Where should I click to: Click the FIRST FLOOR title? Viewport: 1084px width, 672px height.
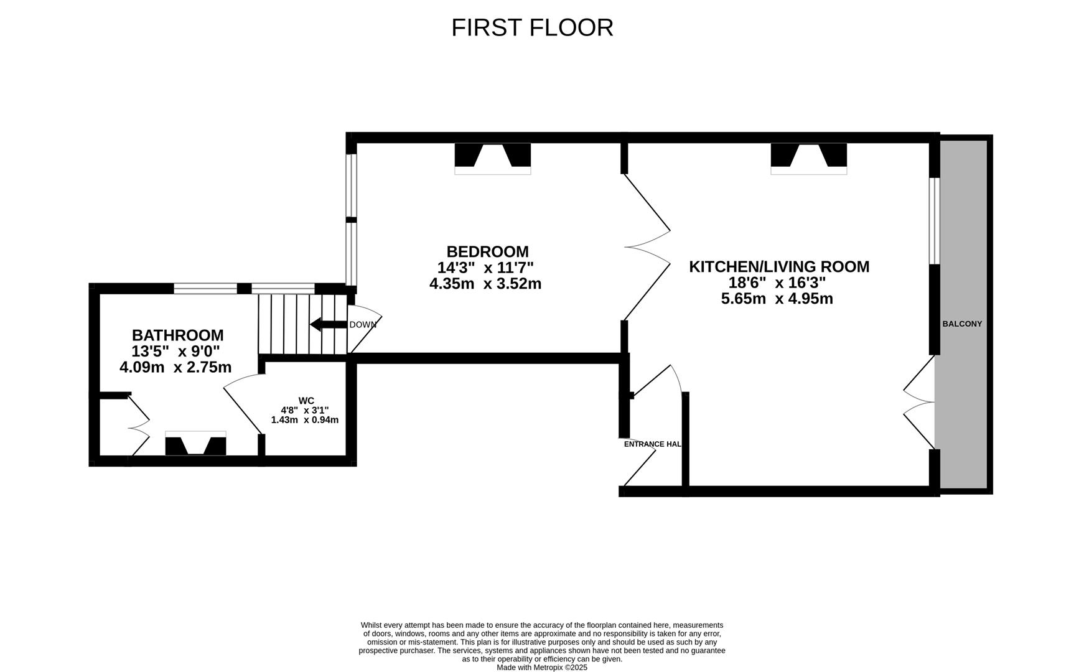(532, 28)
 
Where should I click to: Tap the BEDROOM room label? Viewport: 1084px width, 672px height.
(487, 251)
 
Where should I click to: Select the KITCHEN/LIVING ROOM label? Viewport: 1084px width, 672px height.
(778, 266)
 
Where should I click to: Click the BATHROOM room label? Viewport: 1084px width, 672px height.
(177, 335)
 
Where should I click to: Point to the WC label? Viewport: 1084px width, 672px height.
(306, 401)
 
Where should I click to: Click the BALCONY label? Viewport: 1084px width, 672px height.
(962, 324)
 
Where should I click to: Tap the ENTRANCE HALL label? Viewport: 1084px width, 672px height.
(652, 444)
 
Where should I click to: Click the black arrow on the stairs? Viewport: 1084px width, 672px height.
(327, 324)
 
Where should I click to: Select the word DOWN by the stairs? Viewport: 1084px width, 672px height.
(362, 325)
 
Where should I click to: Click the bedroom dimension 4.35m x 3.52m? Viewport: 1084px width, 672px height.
(485, 284)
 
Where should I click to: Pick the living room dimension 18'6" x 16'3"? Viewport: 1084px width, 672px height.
(777, 282)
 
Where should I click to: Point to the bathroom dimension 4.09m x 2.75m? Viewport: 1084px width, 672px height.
(175, 367)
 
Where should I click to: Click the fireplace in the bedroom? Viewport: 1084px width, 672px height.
(492, 157)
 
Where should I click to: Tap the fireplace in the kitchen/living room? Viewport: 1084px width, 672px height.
(808, 157)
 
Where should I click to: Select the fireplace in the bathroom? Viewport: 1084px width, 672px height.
(195, 444)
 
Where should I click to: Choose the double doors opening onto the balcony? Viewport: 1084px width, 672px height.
(919, 402)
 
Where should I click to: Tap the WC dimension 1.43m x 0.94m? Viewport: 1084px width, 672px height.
(305, 420)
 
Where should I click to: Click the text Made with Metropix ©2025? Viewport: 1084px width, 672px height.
(541, 667)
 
